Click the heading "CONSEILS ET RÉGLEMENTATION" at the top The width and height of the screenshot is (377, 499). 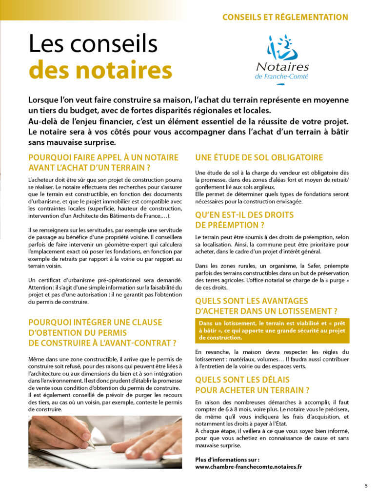coord(285,18)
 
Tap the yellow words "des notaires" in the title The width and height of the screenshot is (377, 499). coord(100,70)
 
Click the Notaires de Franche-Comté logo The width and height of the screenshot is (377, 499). coord(282,58)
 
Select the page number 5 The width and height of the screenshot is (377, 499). coord(366,485)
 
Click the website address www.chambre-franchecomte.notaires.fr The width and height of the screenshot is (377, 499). coord(248,466)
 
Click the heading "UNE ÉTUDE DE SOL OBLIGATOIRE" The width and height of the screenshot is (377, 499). coord(259,158)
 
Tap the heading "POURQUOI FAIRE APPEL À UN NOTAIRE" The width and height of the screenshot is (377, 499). coord(103,158)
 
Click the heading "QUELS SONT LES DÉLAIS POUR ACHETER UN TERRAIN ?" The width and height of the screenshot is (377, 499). coord(252,384)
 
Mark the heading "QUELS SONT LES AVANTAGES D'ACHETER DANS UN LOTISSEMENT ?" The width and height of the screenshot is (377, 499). coord(266,306)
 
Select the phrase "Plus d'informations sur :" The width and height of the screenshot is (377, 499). coord(227,460)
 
